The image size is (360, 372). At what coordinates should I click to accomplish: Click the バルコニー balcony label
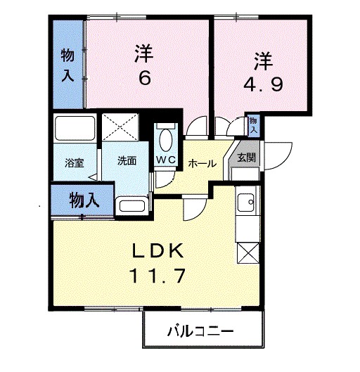coord(200,331)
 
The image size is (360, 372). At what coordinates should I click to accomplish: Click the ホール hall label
coord(202,163)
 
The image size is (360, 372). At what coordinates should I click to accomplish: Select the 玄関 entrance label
coord(246,157)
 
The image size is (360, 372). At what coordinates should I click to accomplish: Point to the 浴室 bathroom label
coord(75,162)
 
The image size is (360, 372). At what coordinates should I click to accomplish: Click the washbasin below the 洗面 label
coord(131,205)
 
